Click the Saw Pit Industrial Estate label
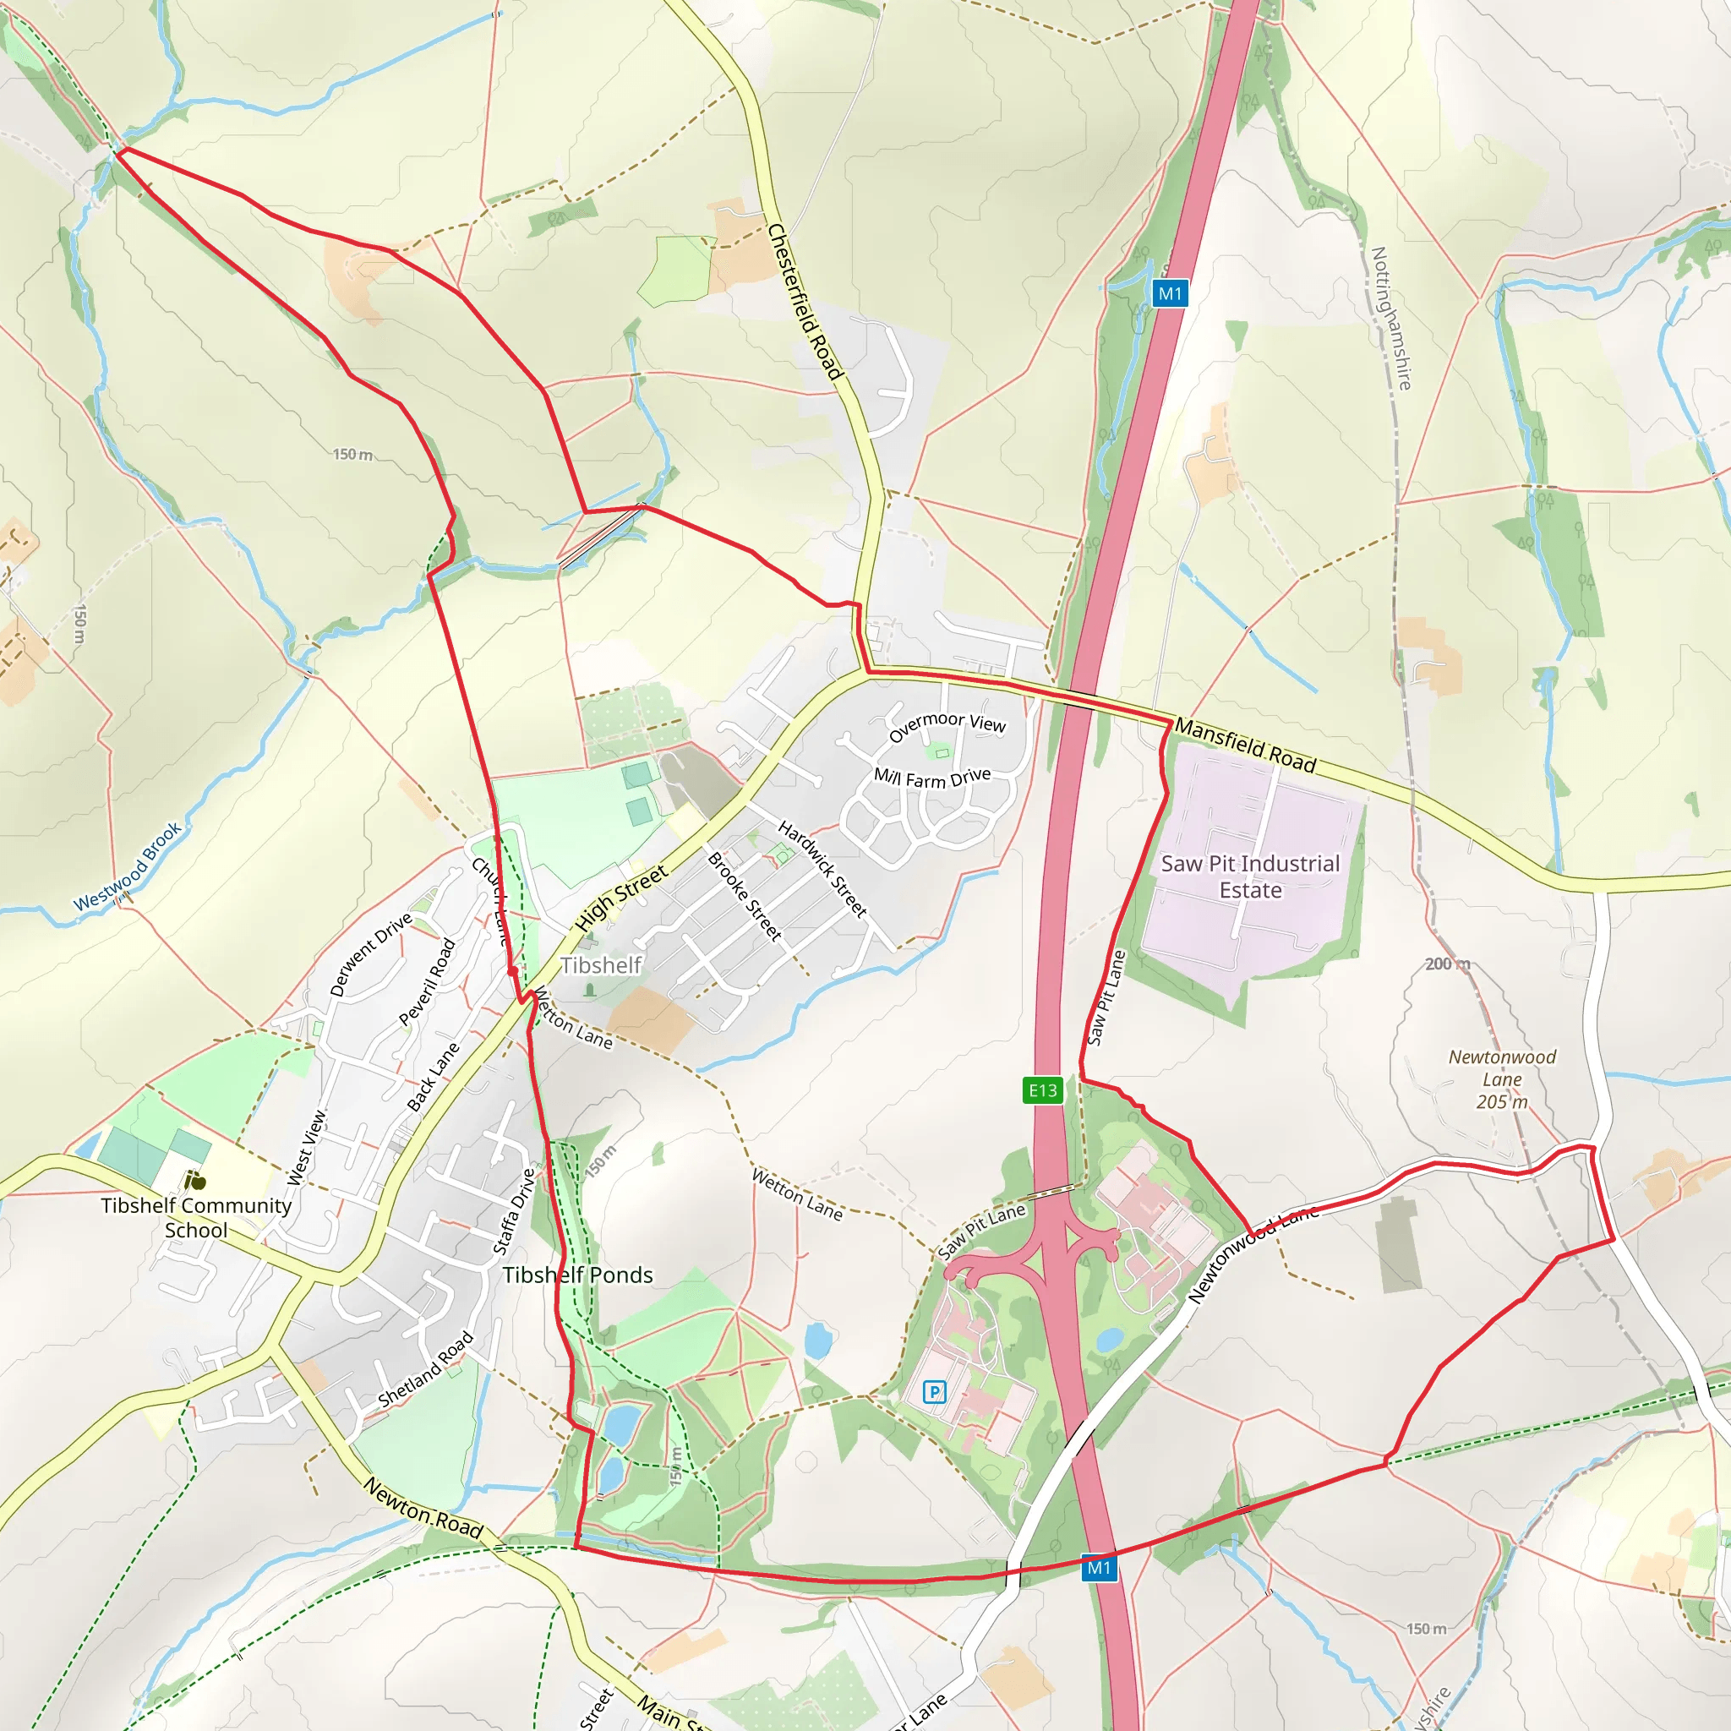1250,876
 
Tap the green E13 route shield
1043,1090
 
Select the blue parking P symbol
935,1391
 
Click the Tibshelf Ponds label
577,1275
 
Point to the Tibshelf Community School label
195,1218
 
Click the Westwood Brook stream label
128,866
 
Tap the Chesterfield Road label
805,302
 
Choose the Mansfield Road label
1244,745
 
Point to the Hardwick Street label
822,868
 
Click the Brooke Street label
745,896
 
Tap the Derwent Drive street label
370,954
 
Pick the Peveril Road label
428,982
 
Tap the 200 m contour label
1447,964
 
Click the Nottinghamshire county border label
1391,318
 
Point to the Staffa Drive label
514,1211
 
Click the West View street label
308,1148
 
